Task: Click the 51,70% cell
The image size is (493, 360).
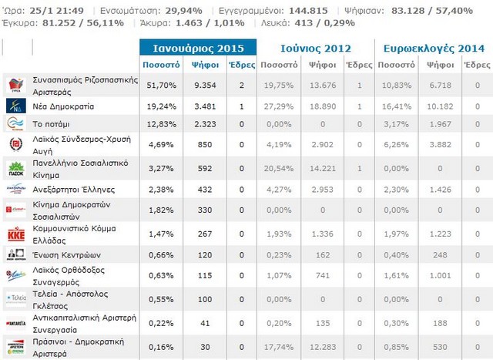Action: pos(161,86)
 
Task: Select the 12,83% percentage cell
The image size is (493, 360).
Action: pos(161,123)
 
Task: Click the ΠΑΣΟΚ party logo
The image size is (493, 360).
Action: pos(15,168)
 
